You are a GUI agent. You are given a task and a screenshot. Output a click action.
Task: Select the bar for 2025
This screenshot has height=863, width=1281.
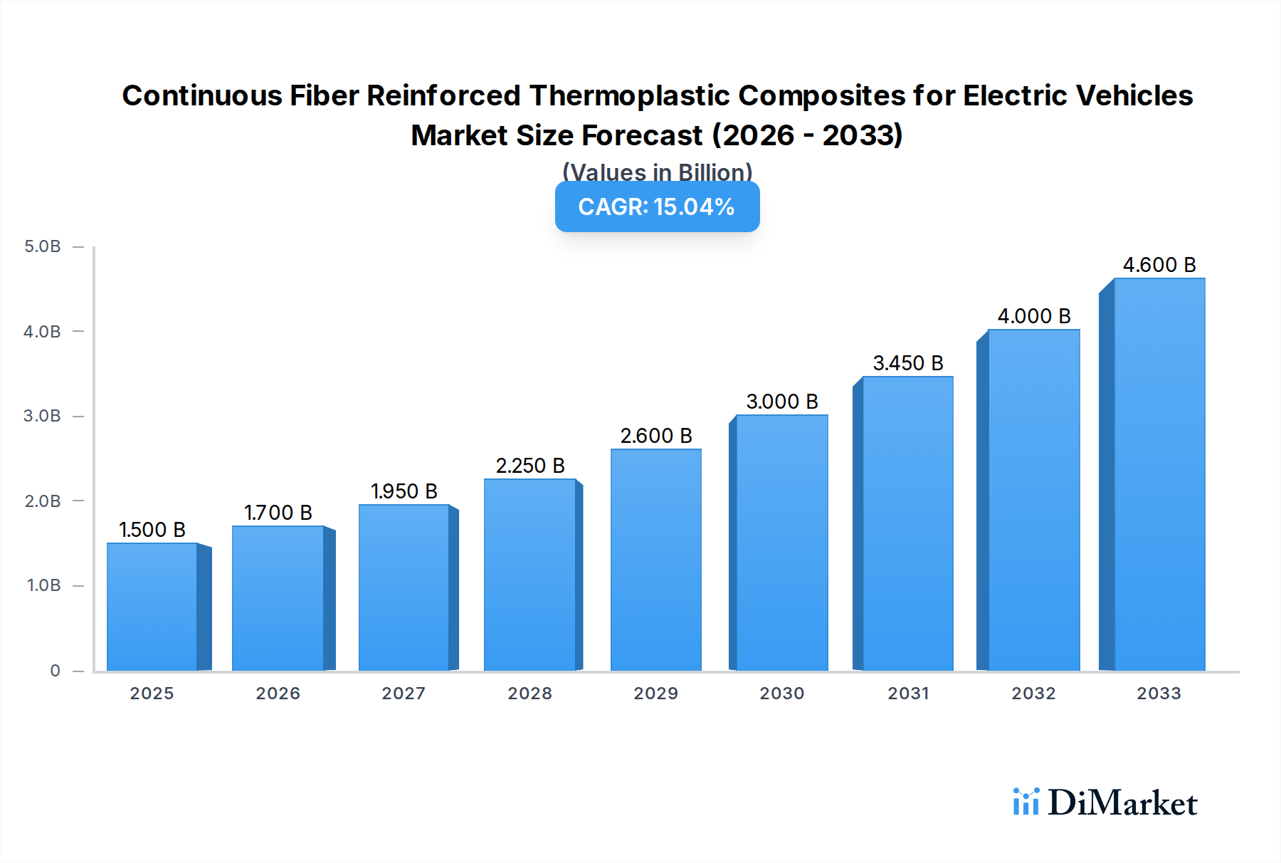coord(152,607)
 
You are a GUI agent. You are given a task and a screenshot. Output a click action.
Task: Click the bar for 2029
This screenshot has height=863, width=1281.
coord(655,560)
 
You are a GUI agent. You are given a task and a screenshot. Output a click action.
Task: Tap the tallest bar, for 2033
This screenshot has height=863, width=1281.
coord(1159,474)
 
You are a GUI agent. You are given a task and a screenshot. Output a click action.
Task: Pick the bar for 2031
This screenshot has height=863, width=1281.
coord(907,523)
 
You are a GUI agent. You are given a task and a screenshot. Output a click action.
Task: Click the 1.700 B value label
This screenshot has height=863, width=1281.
coord(278,513)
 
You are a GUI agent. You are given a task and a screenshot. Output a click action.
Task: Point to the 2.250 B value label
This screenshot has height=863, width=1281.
coord(530,466)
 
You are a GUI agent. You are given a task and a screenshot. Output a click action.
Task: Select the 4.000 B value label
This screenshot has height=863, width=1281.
coord(1034,316)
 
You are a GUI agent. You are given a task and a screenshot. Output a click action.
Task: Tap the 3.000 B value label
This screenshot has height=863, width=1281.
coord(782,402)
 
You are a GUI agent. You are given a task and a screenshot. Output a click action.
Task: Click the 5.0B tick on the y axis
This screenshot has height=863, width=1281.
coord(43,246)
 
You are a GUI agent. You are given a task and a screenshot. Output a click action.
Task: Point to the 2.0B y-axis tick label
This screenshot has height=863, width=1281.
coord(43,501)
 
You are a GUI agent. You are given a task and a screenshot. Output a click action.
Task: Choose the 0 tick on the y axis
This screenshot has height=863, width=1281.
coord(55,671)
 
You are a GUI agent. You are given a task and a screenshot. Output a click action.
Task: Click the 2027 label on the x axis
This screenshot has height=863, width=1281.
coord(404,694)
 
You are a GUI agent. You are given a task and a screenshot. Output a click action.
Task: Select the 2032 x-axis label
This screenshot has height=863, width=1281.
coord(1033,694)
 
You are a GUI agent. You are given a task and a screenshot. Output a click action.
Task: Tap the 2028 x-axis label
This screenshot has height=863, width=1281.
coord(529,694)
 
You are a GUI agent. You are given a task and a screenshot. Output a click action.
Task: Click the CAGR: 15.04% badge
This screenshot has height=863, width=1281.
coord(657,206)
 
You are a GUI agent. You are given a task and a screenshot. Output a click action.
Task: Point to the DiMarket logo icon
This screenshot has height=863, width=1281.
coord(1026,802)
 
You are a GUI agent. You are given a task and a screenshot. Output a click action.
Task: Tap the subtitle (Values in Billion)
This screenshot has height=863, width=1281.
coord(657,172)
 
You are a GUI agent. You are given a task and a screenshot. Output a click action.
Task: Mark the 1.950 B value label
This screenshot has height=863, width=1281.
coord(404,491)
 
